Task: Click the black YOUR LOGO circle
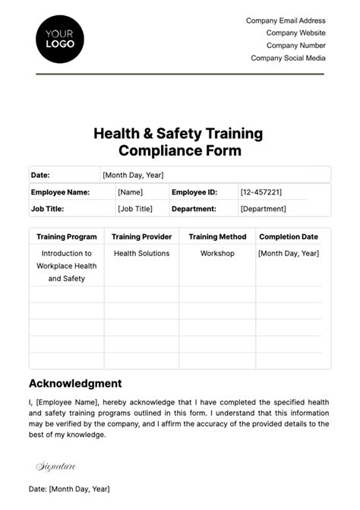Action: click(x=60, y=38)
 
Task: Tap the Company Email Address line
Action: click(x=286, y=21)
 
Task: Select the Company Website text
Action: click(x=295, y=33)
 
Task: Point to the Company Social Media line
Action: click(x=288, y=58)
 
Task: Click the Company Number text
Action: click(x=296, y=46)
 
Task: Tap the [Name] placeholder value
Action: click(x=130, y=192)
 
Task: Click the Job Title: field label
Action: click(x=47, y=208)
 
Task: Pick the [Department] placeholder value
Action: click(x=263, y=208)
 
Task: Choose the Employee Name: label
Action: click(x=60, y=192)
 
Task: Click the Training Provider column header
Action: click(x=141, y=236)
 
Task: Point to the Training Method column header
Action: click(x=217, y=236)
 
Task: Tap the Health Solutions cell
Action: click(x=141, y=253)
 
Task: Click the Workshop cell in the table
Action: click(x=217, y=253)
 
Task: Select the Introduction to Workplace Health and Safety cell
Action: click(x=67, y=265)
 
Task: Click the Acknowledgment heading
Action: click(x=74, y=384)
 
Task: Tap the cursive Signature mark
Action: click(x=55, y=465)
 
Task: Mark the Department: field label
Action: click(x=194, y=208)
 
